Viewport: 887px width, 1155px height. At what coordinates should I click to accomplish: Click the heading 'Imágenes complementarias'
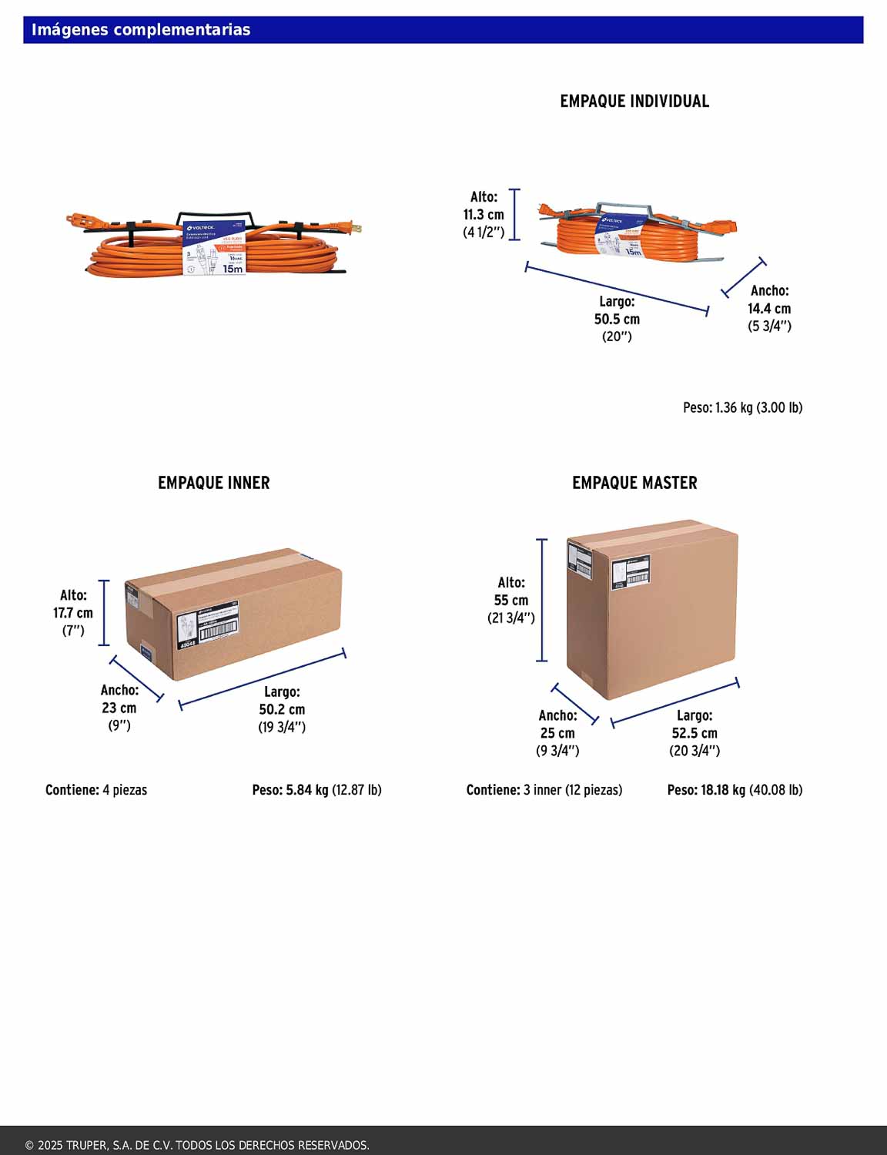click(141, 30)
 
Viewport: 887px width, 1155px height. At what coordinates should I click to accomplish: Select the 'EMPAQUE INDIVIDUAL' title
click(634, 101)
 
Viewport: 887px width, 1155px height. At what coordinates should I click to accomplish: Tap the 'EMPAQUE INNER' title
click(214, 483)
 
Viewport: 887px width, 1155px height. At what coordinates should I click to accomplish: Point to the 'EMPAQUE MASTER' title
click(634, 483)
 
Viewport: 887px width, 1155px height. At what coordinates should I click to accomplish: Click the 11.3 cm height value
click(484, 215)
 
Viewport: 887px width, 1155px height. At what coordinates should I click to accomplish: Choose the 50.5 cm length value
click(617, 319)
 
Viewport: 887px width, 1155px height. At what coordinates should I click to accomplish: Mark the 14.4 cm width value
click(769, 308)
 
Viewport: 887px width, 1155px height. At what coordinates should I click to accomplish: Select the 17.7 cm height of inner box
click(73, 613)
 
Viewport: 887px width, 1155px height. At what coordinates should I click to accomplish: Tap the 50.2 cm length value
click(282, 709)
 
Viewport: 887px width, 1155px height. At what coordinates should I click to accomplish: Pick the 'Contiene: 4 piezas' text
click(96, 790)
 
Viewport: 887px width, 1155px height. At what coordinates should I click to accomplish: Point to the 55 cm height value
click(511, 600)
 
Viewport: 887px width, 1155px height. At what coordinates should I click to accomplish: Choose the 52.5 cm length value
click(695, 733)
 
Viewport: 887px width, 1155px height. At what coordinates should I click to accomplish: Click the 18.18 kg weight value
click(722, 790)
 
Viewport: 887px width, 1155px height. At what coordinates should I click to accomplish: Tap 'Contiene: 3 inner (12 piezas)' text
click(544, 790)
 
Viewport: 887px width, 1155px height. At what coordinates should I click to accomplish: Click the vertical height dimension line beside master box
click(542, 601)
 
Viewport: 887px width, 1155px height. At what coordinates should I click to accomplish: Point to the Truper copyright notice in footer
click(197, 1145)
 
